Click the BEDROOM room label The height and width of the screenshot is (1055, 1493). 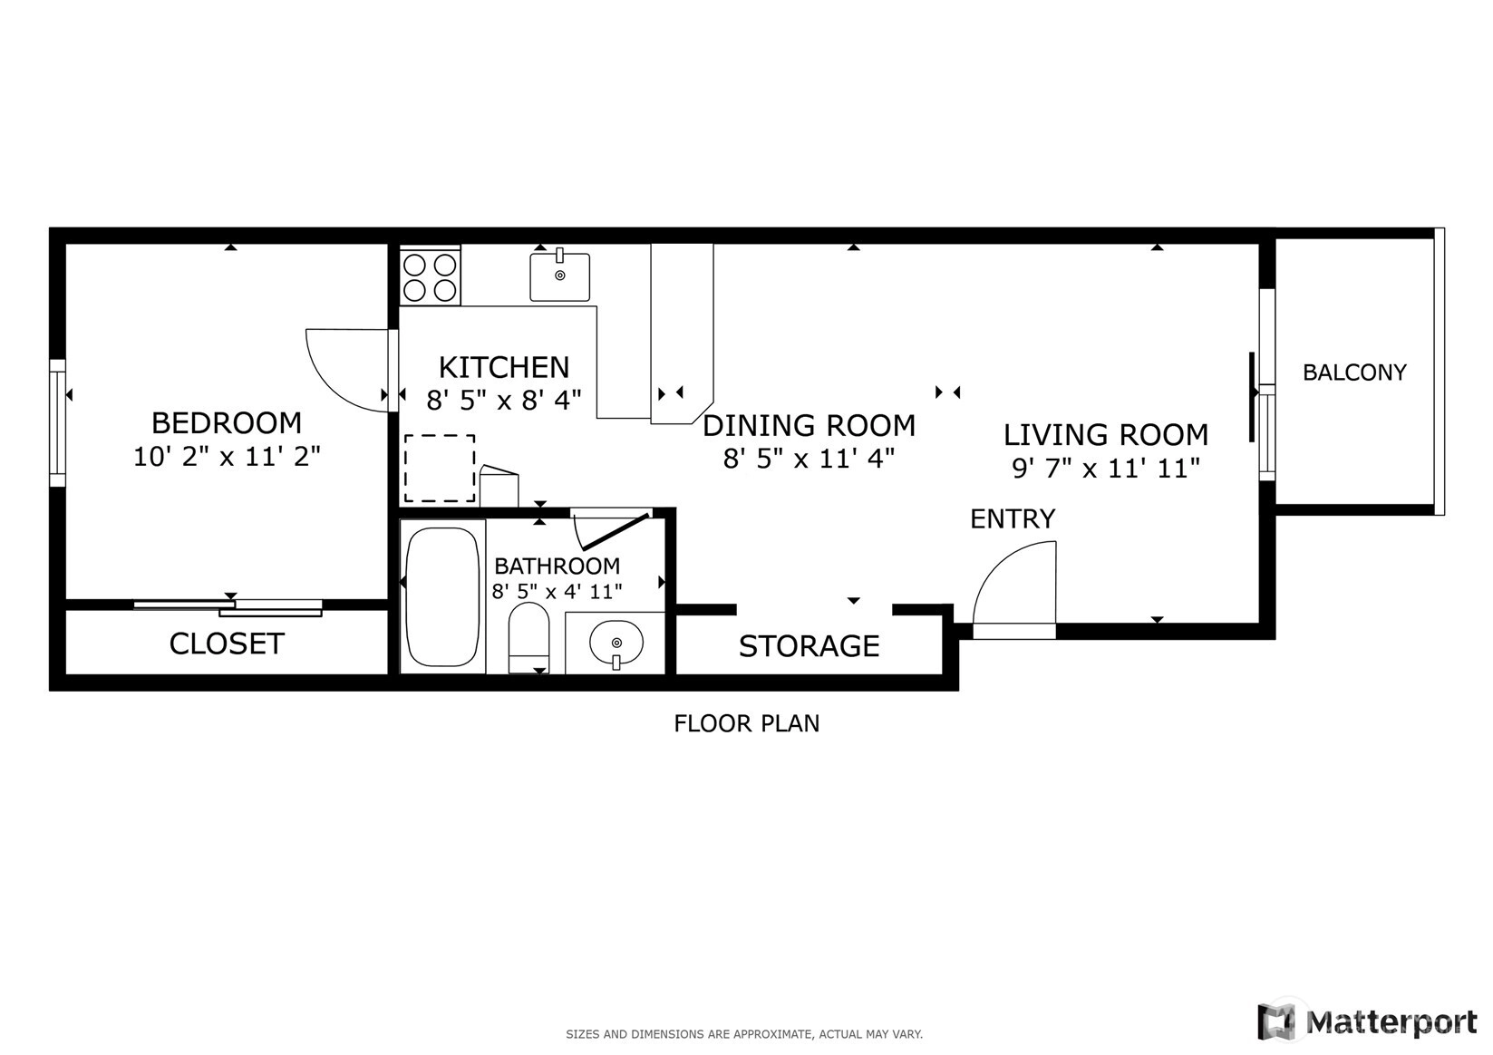pyautogui.click(x=227, y=423)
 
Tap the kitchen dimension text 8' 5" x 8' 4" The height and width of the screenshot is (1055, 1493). pyautogui.click(x=504, y=400)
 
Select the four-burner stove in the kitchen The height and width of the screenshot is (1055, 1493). pyautogui.click(x=430, y=276)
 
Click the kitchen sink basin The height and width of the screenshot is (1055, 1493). pyautogui.click(x=560, y=276)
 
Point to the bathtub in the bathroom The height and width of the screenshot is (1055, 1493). pyautogui.click(x=442, y=596)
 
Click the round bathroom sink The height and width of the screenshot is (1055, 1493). pyautogui.click(x=616, y=644)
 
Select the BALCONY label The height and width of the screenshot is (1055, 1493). pyautogui.click(x=1354, y=372)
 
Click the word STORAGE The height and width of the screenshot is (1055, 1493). pyautogui.click(x=810, y=646)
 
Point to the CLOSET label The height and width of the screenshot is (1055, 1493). pyautogui.click(x=227, y=644)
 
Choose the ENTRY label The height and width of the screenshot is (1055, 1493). pyautogui.click(x=1013, y=518)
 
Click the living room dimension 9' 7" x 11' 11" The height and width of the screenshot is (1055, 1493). pyautogui.click(x=1106, y=468)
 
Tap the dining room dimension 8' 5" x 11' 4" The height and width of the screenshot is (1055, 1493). pyautogui.click(x=809, y=459)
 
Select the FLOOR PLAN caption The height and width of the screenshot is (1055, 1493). pyautogui.click(x=747, y=723)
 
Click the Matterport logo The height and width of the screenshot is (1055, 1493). pyautogui.click(x=1367, y=1021)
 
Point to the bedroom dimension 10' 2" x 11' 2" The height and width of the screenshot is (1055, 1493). pyautogui.click(x=227, y=457)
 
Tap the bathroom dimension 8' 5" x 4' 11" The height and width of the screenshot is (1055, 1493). pyautogui.click(x=557, y=591)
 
